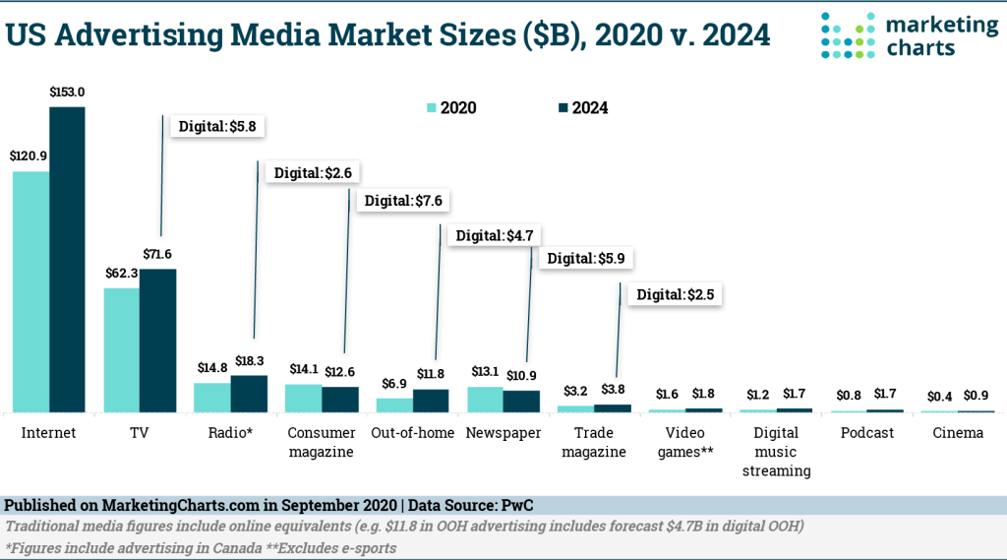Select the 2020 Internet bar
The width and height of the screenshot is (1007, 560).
[x=30, y=291]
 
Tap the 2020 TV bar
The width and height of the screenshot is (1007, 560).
[x=122, y=349]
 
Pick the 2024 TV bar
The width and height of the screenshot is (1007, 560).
[x=157, y=340]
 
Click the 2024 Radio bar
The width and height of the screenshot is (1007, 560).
[x=249, y=394]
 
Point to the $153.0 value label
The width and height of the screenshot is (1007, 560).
[x=68, y=92]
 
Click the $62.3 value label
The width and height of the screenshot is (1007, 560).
[x=122, y=274]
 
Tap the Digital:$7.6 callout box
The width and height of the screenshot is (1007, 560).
[x=404, y=201]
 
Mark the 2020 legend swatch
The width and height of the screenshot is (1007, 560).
[x=431, y=108]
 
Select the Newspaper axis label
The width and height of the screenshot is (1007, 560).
[x=503, y=433]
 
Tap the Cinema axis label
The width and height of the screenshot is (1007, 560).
[x=957, y=433]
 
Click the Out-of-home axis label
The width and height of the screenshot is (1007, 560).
[x=412, y=433]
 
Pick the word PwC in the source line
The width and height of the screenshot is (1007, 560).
[x=517, y=505]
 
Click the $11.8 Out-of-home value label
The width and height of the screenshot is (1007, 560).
[x=431, y=373]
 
